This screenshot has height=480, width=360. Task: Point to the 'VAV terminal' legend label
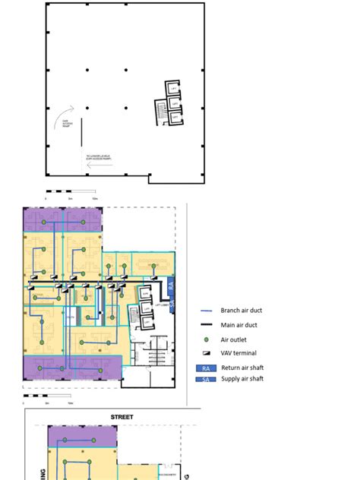tap(238, 353)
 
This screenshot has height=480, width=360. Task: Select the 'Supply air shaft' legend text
tap(242, 378)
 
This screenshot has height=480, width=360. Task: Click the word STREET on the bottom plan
tap(122, 417)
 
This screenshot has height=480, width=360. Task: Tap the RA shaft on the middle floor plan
tap(172, 288)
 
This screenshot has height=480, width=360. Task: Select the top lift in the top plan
tap(174, 88)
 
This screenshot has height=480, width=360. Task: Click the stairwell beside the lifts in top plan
tap(160, 112)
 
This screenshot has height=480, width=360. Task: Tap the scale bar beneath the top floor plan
tap(71, 191)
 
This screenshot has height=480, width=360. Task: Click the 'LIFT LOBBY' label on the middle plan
tap(160, 304)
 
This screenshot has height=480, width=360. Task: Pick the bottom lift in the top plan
tap(174, 117)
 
